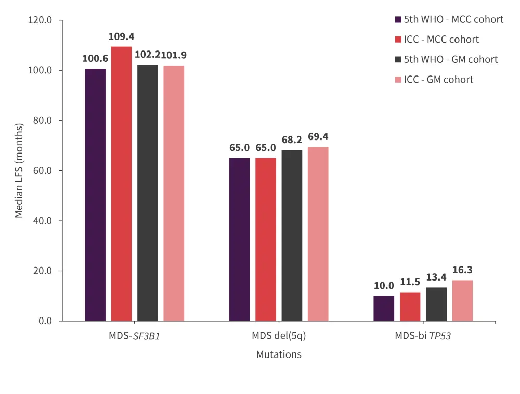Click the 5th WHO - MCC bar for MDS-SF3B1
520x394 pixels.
[95, 195]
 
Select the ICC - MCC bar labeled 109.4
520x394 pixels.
[121, 184]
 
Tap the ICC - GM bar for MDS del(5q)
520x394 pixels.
[318, 234]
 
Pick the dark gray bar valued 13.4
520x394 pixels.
[436, 304]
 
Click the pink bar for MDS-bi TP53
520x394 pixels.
[462, 300]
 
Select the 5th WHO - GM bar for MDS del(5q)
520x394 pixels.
[292, 235]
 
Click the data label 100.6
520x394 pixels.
[94, 58]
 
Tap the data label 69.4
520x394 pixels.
[318, 137]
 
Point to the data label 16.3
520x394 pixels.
[462, 270]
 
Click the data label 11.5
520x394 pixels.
[410, 282]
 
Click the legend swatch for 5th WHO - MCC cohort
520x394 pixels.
[398, 20]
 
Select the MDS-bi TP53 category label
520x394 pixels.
[422, 336]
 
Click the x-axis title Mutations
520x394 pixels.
[279, 354]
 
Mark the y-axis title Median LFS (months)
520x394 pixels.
[19, 171]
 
